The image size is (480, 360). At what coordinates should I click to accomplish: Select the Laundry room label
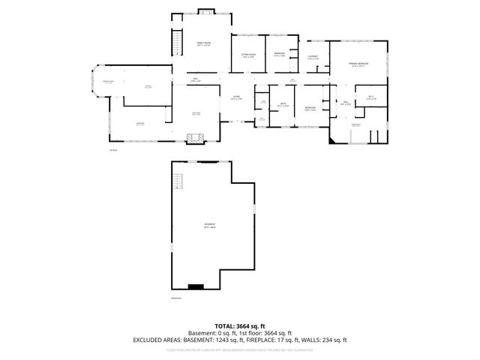pyautogui.click(x=313, y=58)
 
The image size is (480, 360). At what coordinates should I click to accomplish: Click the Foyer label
pyautogui.click(x=235, y=97)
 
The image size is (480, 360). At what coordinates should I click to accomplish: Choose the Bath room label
pyautogui.click(x=283, y=105)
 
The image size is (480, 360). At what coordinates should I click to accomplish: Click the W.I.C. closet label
pyautogui.click(x=370, y=98)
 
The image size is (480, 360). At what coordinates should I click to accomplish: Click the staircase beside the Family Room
pyautogui.click(x=178, y=41)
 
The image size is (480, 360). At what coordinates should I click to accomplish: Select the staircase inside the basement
pyautogui.click(x=178, y=181)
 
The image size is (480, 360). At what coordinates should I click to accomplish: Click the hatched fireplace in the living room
pyautogui.click(x=196, y=137)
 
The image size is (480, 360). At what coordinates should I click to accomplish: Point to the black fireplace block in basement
pyautogui.click(x=196, y=286)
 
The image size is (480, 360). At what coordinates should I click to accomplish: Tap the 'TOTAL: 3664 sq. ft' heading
pyautogui.click(x=240, y=326)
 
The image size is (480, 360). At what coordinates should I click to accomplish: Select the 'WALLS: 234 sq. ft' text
pyautogui.click(x=325, y=340)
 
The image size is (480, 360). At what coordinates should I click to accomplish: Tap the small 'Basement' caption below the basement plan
pyautogui.click(x=176, y=298)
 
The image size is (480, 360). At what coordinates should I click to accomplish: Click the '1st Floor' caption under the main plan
pyautogui.click(x=112, y=149)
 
